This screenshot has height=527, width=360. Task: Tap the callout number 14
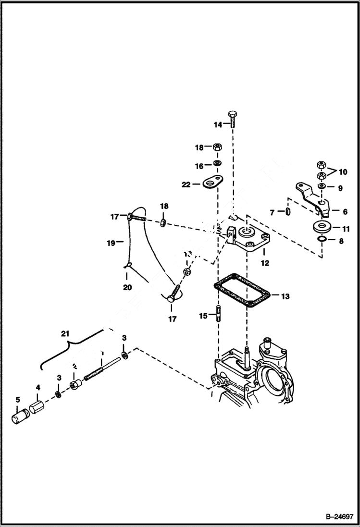tap(218, 124)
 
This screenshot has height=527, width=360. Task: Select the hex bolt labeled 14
tap(233, 118)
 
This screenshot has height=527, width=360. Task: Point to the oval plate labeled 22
tap(210, 183)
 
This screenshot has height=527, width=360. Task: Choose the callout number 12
tap(265, 263)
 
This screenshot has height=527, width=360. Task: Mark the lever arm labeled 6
tap(312, 197)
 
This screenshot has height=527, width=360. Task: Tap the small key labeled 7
tap(286, 211)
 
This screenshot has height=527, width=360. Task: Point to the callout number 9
tap(340, 189)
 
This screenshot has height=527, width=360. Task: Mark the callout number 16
tap(199, 166)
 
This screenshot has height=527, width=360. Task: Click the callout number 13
tap(285, 296)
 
